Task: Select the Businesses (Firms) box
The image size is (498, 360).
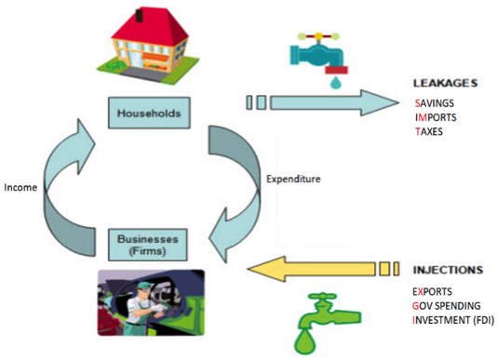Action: [x=150, y=243]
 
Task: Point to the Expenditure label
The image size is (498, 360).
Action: [x=295, y=177]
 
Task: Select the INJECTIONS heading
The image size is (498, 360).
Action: [x=447, y=271]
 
